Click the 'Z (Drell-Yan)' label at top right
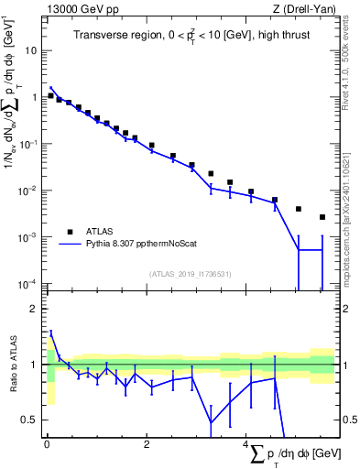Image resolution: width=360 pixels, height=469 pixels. point(306,9)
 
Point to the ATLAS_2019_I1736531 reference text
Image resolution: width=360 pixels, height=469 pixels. point(190,274)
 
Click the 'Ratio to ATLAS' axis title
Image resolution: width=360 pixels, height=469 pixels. point(14,365)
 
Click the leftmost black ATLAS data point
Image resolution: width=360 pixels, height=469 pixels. point(50,95)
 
